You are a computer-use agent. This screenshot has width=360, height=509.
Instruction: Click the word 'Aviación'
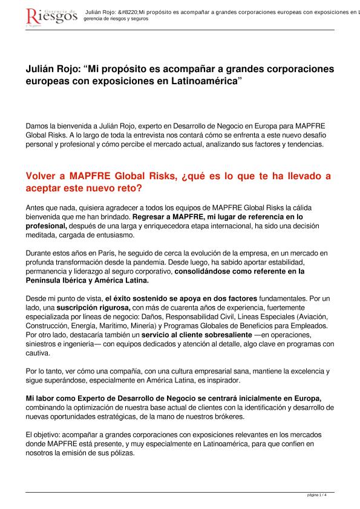(x=310, y=317)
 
